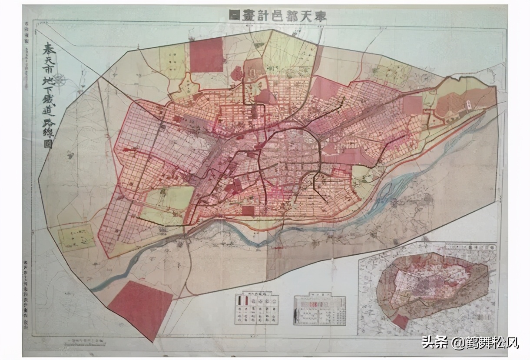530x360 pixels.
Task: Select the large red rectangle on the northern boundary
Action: pyautogui.click(x=206, y=55)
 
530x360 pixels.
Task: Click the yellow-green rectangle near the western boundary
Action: pyautogui.click(x=76, y=238)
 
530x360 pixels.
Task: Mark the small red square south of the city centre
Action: pyautogui.click(x=248, y=210)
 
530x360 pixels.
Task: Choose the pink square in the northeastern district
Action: pyautogui.click(x=412, y=105)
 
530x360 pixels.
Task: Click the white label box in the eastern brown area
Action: pyautogui.click(x=470, y=104)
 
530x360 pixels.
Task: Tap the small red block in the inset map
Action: pyautogui.click(x=400, y=321)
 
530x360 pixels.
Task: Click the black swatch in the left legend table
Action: pyautogui.click(x=240, y=300)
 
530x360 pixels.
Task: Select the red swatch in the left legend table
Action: pyautogui.click(x=246, y=300)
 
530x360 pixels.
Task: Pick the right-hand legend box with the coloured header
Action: pyautogui.click(x=319, y=310)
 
